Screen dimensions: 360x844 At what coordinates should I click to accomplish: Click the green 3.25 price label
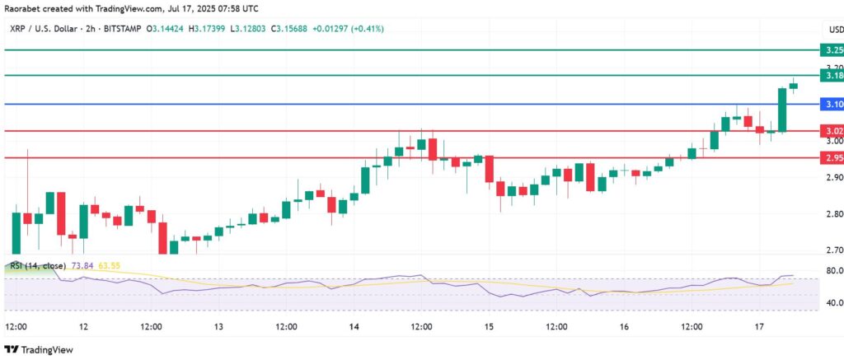[833, 50]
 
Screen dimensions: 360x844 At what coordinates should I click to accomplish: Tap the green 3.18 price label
[833, 76]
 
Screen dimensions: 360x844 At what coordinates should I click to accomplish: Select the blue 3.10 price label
[833, 104]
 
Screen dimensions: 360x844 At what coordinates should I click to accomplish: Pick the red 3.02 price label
[833, 131]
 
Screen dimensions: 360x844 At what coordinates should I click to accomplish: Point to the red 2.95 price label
[833, 157]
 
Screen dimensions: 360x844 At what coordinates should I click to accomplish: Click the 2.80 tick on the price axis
[833, 214]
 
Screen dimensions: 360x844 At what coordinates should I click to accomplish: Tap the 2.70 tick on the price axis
[833, 250]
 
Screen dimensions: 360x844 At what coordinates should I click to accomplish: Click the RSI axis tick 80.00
[833, 271]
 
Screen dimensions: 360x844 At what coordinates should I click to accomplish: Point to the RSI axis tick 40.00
[833, 302]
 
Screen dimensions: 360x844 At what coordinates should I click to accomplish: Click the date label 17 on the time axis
[759, 326]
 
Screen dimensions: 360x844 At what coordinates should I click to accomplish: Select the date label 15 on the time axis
[489, 326]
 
